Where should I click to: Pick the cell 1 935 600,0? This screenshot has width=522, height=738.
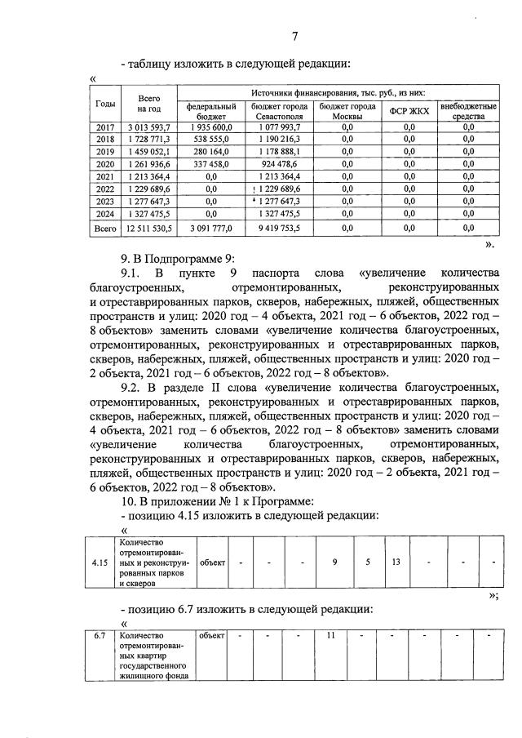pos(211,127)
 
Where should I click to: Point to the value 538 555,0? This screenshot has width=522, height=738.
pos(211,140)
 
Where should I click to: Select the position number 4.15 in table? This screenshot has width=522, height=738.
pos(102,562)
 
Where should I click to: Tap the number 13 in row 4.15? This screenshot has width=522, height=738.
pos(395,562)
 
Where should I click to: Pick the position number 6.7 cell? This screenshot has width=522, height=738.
pos(101,635)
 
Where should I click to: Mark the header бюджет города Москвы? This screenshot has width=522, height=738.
pos(347,111)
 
